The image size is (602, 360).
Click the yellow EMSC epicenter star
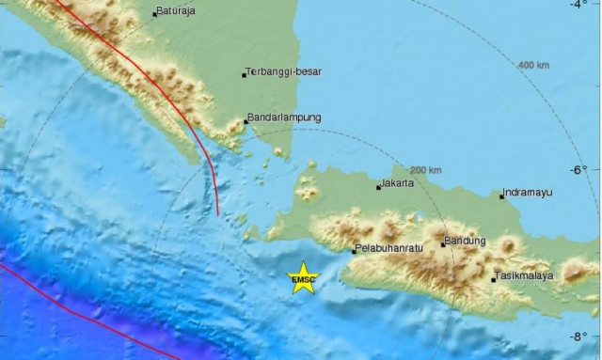click(x=303, y=277)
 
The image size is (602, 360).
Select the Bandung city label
click(x=467, y=241)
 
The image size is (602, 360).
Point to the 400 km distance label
click(x=532, y=65)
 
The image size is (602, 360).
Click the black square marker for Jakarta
click(x=378, y=187)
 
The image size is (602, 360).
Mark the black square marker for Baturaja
click(x=155, y=14)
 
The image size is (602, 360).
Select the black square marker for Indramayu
click(x=501, y=196)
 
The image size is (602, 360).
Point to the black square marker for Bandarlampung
click(x=246, y=121)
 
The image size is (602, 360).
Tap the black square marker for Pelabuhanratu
click(x=354, y=251)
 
